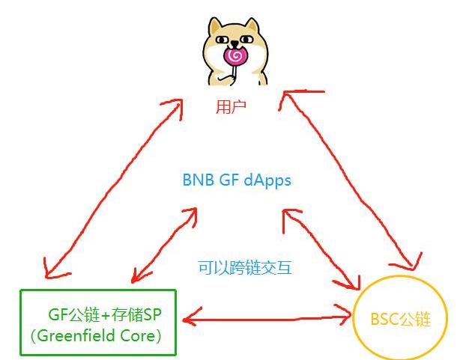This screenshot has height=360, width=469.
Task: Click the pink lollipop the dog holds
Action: pyautogui.click(x=235, y=55)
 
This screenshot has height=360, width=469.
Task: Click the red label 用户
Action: pyautogui.click(x=231, y=108)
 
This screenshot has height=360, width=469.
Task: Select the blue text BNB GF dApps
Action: pyautogui.click(x=237, y=180)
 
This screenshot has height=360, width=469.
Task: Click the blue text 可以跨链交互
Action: pyautogui.click(x=244, y=267)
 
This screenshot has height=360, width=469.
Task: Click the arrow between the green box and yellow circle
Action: pyautogui.click(x=267, y=318)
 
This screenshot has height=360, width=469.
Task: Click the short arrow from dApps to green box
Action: pyautogui.click(x=163, y=247)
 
